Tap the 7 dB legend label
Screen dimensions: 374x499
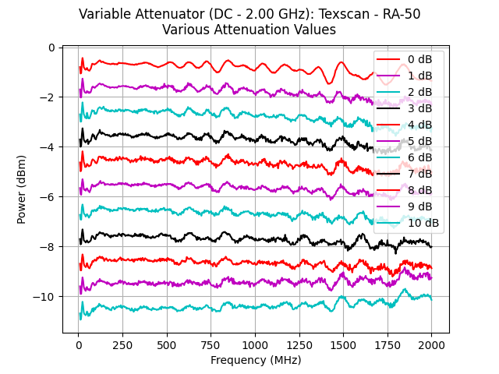click(x=421, y=174)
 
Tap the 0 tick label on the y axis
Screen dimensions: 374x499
click(x=51, y=48)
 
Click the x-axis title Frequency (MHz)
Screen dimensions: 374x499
click(x=256, y=360)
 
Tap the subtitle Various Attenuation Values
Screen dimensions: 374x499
click(x=249, y=30)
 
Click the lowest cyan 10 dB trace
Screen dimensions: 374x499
click(x=234, y=307)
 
